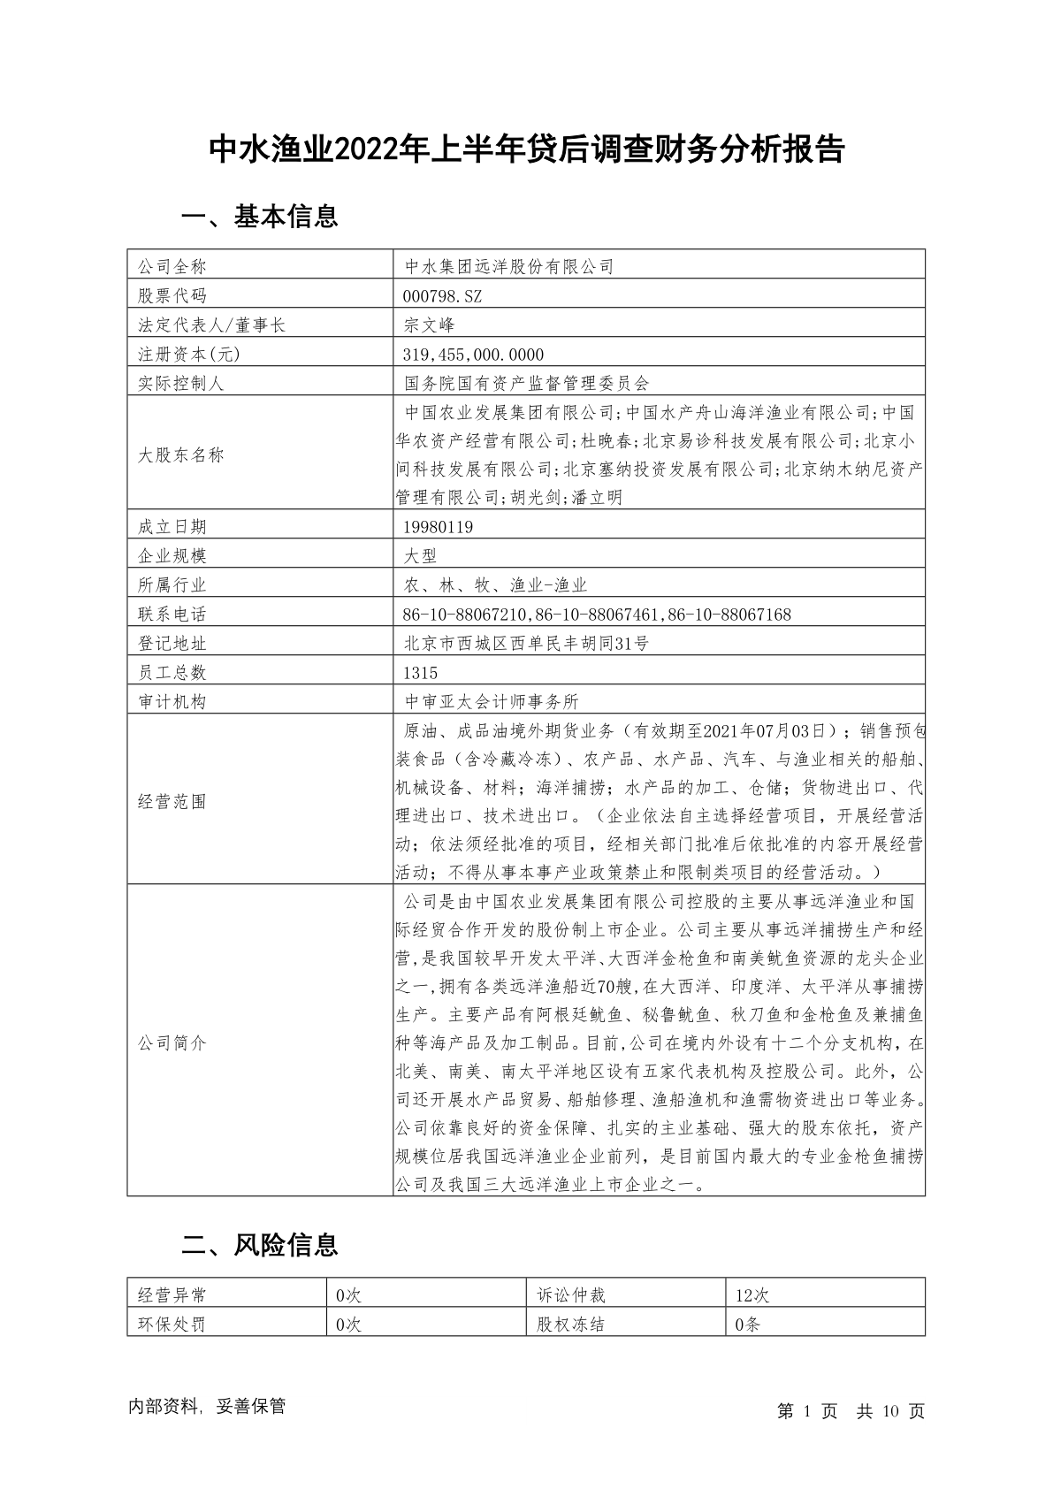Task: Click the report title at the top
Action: point(526,149)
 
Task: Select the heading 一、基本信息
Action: point(259,217)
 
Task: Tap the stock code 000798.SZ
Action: point(442,295)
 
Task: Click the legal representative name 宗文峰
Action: point(429,325)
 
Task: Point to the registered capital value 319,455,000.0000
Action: point(473,354)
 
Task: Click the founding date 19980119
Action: point(438,527)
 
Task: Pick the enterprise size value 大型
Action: point(420,556)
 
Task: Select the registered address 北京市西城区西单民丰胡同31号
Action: point(526,644)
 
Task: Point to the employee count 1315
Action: point(420,673)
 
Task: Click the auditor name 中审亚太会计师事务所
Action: point(491,702)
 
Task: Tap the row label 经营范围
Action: point(172,802)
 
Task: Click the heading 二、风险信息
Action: point(259,1245)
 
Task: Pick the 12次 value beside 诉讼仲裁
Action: point(752,1295)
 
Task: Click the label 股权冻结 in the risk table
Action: point(571,1325)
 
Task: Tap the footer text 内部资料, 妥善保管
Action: point(207,1407)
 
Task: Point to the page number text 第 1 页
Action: point(807,1411)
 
